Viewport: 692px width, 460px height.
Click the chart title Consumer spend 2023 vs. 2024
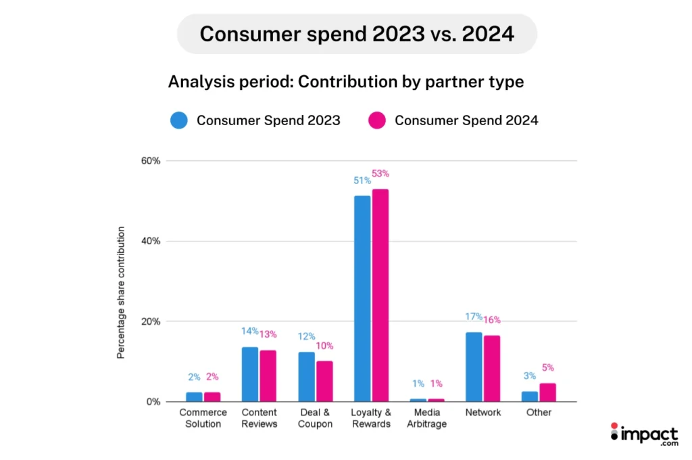(356, 34)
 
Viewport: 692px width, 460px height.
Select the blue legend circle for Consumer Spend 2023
(180, 120)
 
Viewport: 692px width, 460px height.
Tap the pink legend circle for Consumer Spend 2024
(378, 120)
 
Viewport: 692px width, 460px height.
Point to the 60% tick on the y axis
(151, 161)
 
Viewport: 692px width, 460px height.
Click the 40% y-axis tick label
(151, 241)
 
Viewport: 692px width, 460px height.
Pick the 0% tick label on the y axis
(153, 402)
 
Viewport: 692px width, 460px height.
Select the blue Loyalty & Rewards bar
(362, 298)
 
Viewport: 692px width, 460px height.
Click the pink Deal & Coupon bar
(324, 381)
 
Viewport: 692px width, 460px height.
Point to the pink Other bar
(547, 392)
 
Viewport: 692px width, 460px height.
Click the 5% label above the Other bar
(549, 368)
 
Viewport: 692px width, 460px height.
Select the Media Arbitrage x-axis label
(427, 418)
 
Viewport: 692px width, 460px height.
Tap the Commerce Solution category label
(203, 418)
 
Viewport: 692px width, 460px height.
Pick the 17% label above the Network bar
(474, 317)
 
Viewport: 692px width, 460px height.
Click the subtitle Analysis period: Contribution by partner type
(345, 82)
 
